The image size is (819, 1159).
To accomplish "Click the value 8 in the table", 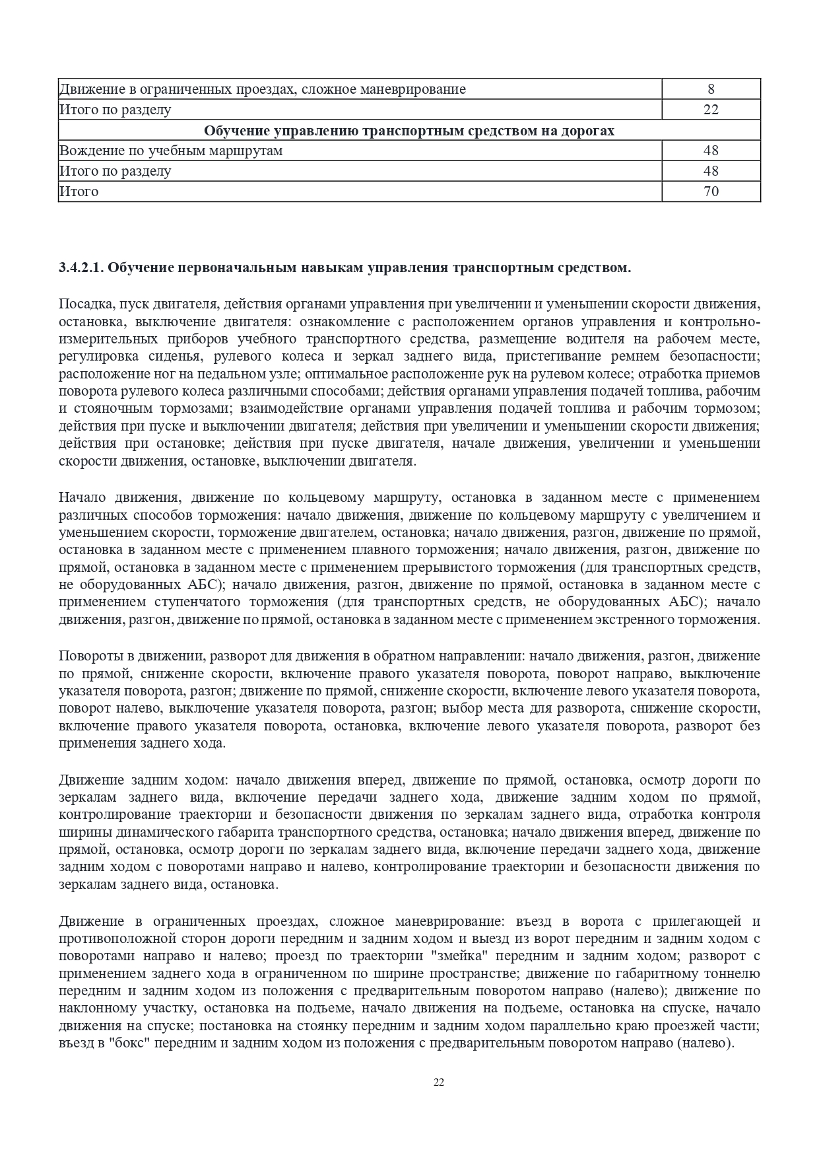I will click(x=711, y=89).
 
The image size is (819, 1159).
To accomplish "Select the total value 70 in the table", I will click(x=711, y=192).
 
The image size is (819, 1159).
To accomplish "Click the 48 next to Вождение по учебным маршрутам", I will click(x=711, y=151).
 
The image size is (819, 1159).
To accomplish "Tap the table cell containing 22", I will click(x=711, y=110).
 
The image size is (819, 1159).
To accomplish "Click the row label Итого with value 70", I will click(x=79, y=192).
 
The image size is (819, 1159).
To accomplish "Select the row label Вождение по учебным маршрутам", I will click(x=171, y=151).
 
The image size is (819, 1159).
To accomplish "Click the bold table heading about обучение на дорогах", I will click(x=409, y=131).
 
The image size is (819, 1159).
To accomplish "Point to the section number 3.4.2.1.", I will click(x=80, y=267).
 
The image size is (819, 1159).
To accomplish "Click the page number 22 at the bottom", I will click(x=439, y=1082).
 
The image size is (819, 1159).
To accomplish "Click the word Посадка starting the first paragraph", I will click(x=84, y=304).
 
